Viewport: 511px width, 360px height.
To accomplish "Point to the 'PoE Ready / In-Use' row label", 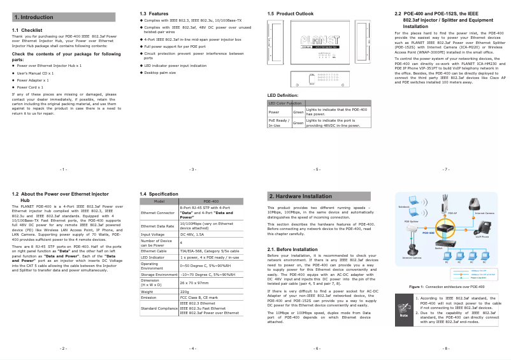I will click(279, 122).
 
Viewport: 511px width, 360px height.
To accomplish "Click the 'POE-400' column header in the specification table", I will click(210, 201).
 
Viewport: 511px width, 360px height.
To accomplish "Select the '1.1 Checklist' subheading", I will click(27, 30).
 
